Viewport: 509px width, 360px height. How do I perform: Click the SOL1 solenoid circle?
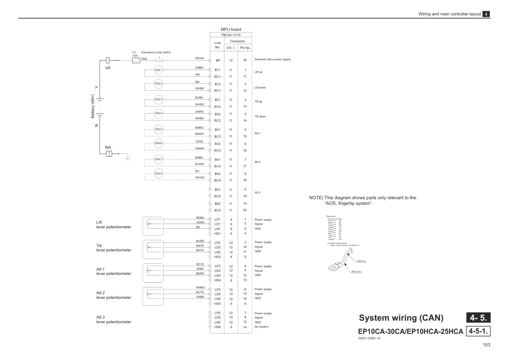click(159, 69)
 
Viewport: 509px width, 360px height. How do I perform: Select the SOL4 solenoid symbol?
click(159, 113)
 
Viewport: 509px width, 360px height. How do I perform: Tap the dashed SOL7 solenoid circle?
click(159, 159)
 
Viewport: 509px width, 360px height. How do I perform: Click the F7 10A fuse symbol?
click(136, 61)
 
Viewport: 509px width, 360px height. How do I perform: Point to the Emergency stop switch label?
click(156, 52)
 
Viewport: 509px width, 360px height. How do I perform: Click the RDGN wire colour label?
click(199, 58)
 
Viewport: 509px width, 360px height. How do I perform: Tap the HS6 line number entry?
click(217, 327)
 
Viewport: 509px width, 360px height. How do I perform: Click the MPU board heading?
click(231, 29)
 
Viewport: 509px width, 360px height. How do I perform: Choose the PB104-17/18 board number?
click(231, 35)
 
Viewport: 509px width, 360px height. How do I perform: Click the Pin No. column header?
click(245, 48)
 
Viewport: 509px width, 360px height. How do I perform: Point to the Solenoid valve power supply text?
click(272, 59)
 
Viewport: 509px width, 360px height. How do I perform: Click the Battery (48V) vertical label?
click(92, 107)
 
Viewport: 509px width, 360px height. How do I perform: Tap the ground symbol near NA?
click(127, 158)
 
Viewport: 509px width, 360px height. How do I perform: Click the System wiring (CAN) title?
click(401, 318)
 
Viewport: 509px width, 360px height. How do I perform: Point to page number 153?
click(486, 345)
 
